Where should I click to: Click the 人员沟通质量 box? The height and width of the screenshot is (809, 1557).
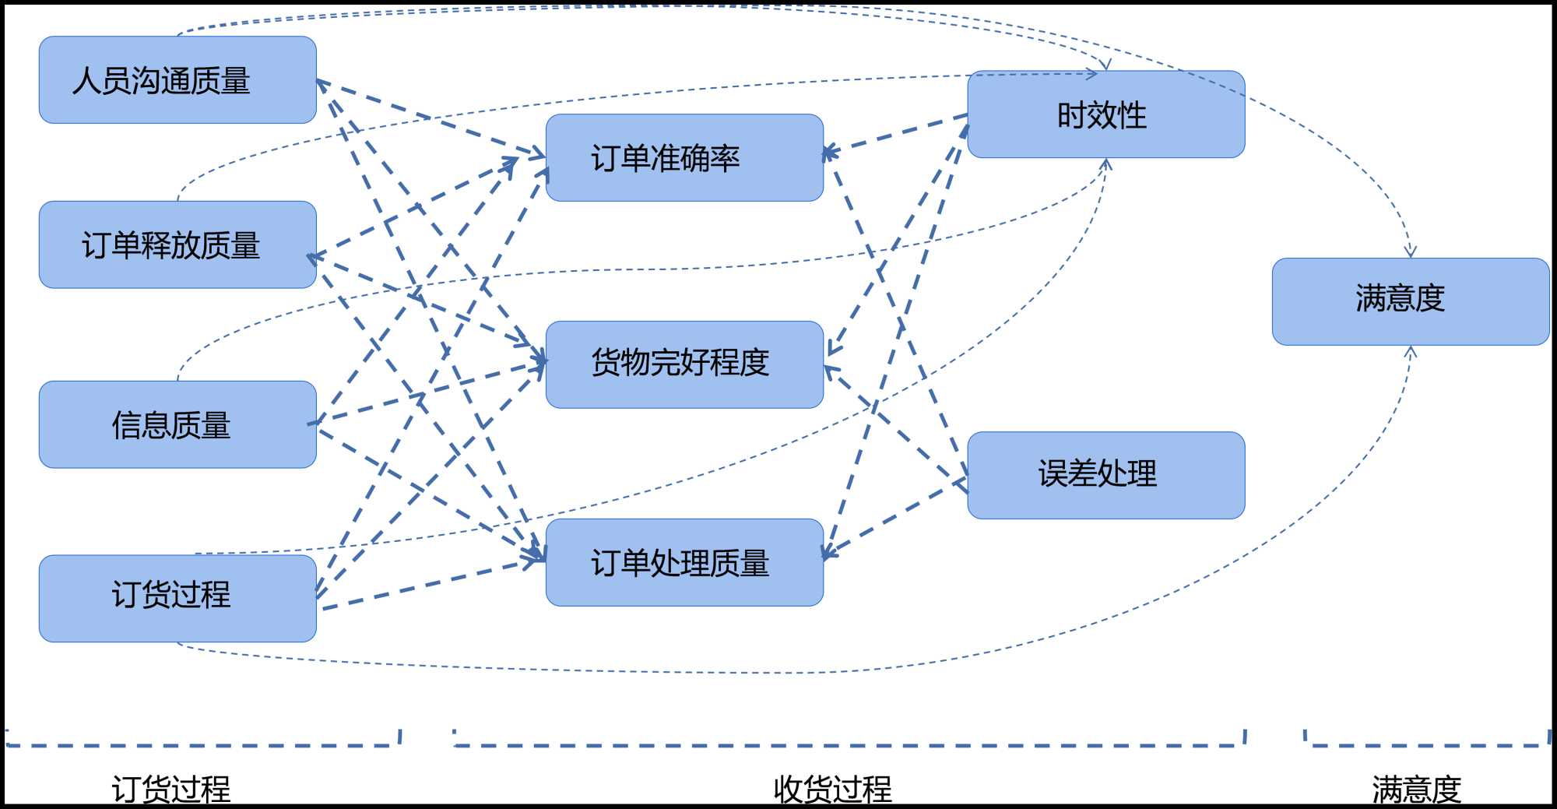pyautogui.click(x=177, y=79)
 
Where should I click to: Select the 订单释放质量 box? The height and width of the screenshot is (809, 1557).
pyautogui.click(x=177, y=244)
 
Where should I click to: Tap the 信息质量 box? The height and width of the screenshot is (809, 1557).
pyautogui.click(x=177, y=424)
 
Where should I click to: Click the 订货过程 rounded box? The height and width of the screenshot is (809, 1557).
pyautogui.click(x=177, y=598)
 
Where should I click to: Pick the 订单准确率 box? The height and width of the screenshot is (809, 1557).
pyautogui.click(x=684, y=158)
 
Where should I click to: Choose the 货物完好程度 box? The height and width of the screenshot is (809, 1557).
pyautogui.click(x=684, y=364)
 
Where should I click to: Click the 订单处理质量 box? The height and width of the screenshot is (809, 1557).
pyautogui.click(x=684, y=562)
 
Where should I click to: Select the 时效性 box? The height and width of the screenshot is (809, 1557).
pyautogui.click(x=1105, y=114)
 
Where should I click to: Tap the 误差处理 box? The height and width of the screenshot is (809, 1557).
pyautogui.click(x=1105, y=475)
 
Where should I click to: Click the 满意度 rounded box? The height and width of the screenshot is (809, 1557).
pyautogui.click(x=1410, y=301)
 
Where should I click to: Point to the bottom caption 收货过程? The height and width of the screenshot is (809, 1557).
pyautogui.click(x=832, y=789)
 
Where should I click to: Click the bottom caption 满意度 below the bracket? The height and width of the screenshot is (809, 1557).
pyautogui.click(x=1416, y=789)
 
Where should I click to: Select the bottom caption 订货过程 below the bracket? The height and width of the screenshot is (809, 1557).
pyautogui.click(x=171, y=789)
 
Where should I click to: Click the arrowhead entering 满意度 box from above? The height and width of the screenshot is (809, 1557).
pyautogui.click(x=1410, y=251)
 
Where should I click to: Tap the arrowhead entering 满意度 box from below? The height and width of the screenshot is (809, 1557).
pyautogui.click(x=1411, y=352)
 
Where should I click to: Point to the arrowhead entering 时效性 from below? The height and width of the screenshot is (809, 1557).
pyautogui.click(x=1106, y=164)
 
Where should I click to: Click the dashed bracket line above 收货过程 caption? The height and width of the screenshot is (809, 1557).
pyautogui.click(x=849, y=745)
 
